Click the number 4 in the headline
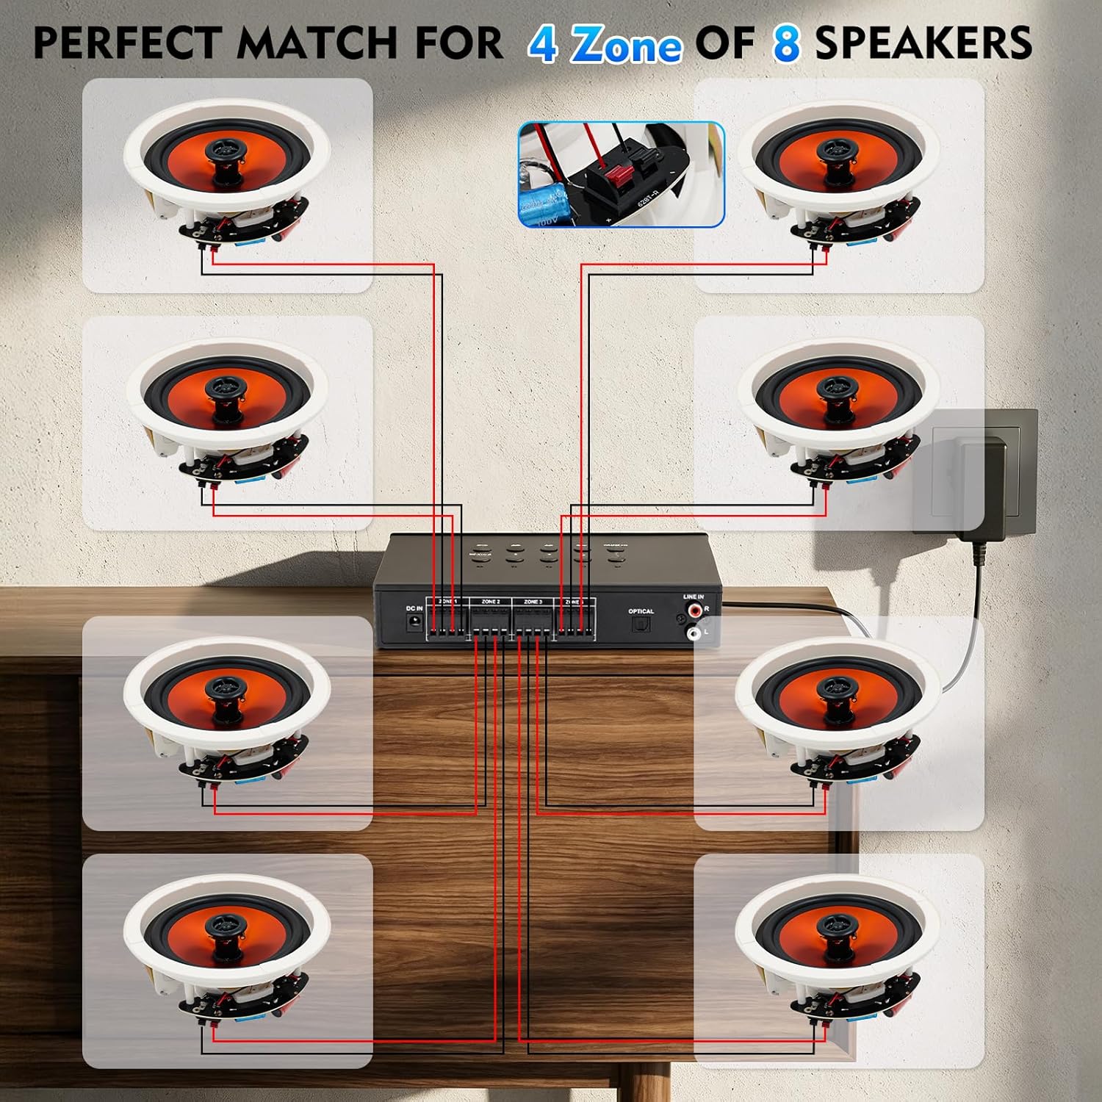coord(543,44)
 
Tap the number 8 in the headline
coord(786,44)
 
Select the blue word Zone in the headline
coord(627,46)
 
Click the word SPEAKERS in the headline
coord(923,43)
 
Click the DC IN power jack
coord(415,622)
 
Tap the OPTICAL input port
coord(641,625)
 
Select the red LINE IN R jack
coord(693,611)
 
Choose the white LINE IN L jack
coord(693,632)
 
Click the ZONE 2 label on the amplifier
coord(491,602)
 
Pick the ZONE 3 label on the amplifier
coord(533,602)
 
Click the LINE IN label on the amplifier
coord(694,597)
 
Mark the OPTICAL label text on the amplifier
coord(641,611)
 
